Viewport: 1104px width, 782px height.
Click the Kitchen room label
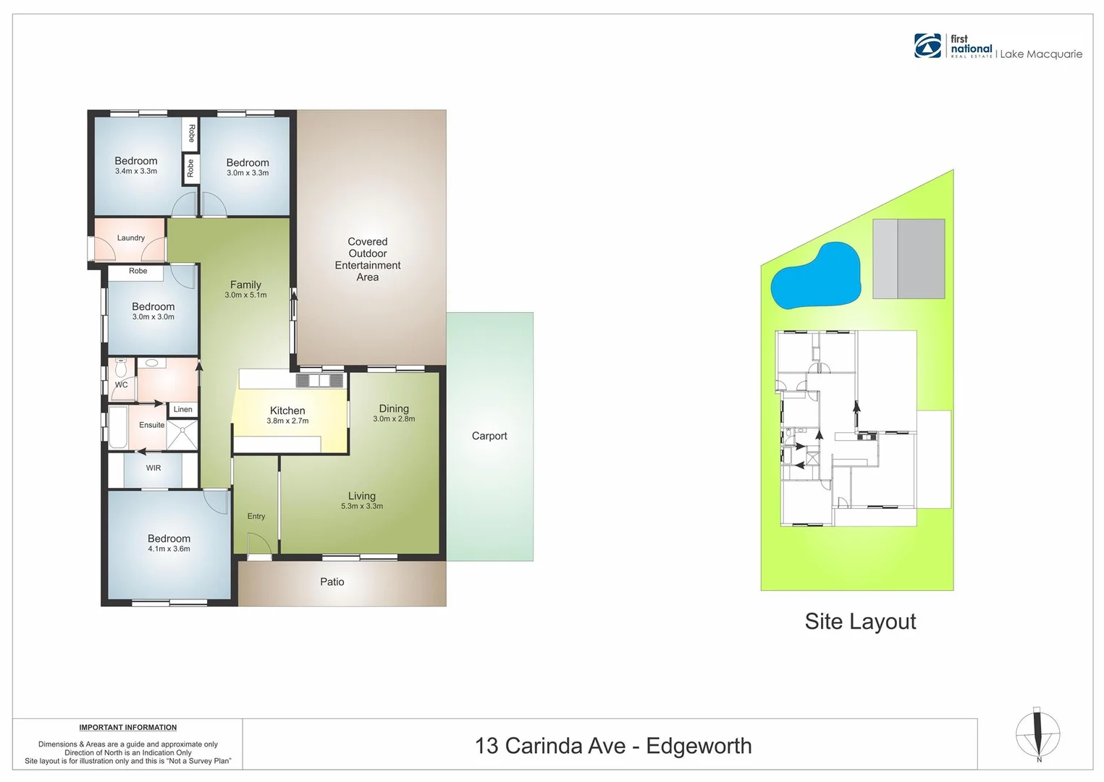[287, 411]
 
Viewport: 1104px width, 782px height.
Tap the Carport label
[489, 436]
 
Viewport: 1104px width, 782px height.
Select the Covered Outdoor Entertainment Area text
[368, 259]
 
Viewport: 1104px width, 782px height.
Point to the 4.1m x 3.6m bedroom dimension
[169, 549]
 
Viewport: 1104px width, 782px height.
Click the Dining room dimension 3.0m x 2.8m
[394, 419]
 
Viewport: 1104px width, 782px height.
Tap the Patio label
[332, 581]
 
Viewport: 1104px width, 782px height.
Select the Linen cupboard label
[183, 409]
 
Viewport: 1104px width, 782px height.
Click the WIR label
[153, 468]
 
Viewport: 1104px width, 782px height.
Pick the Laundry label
[131, 237]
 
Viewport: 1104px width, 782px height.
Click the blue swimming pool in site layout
[816, 277]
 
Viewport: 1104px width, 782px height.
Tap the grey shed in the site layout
[909, 258]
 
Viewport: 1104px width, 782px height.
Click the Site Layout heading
[860, 621]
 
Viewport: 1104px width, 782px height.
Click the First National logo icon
[928, 46]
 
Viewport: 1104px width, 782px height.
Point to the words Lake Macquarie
[1041, 54]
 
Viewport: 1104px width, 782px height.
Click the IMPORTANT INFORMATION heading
[128, 728]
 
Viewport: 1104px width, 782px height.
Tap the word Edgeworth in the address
[699, 746]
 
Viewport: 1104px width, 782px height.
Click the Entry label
[256, 516]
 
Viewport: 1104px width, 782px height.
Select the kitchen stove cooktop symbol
[319, 380]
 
